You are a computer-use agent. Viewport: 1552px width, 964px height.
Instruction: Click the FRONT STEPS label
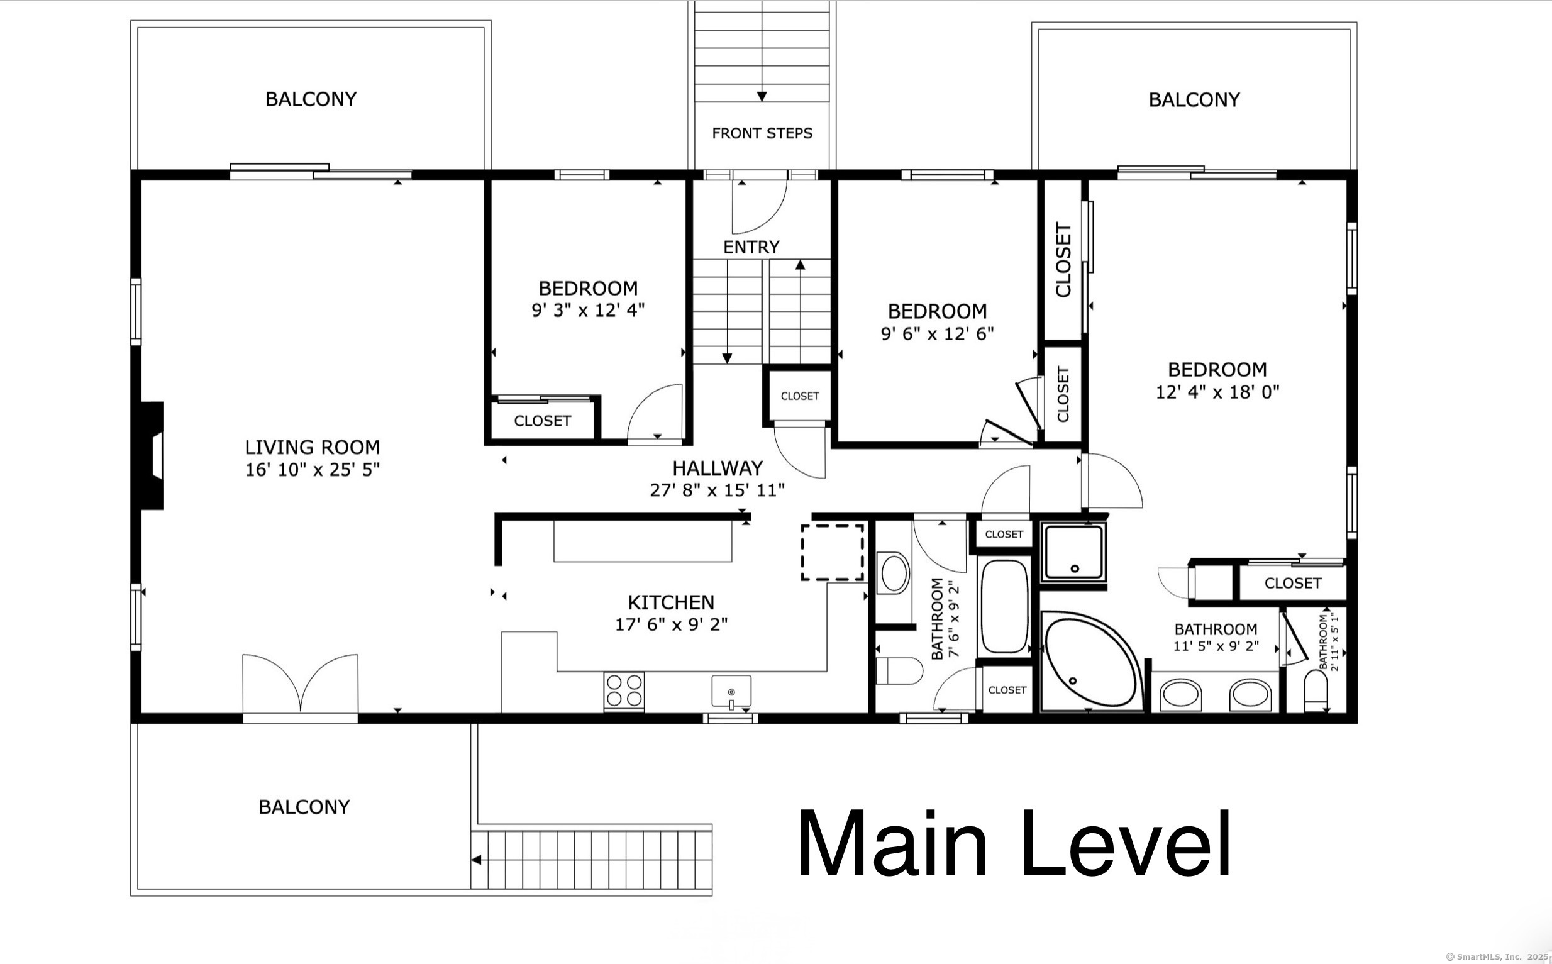click(762, 133)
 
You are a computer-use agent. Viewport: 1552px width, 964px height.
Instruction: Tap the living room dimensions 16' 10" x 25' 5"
click(313, 470)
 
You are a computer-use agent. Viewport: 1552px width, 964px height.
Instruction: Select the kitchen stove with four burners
click(624, 690)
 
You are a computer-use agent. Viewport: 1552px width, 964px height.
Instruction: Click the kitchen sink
click(731, 692)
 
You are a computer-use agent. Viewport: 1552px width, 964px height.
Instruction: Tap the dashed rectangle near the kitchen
click(832, 552)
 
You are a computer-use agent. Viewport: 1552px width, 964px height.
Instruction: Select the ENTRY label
click(751, 247)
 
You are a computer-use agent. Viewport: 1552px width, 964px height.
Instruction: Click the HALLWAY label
click(718, 468)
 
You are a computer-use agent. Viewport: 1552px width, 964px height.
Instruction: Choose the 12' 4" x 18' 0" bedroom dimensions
click(1217, 392)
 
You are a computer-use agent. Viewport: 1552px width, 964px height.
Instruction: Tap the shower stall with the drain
click(1074, 552)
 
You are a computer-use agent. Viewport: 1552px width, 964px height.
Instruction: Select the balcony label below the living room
click(304, 807)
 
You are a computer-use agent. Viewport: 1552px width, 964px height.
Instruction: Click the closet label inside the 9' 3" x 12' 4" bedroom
click(542, 421)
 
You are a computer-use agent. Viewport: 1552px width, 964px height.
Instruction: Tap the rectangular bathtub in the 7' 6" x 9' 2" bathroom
click(1004, 606)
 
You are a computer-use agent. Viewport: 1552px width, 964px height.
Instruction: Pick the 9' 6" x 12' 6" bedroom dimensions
click(937, 333)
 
